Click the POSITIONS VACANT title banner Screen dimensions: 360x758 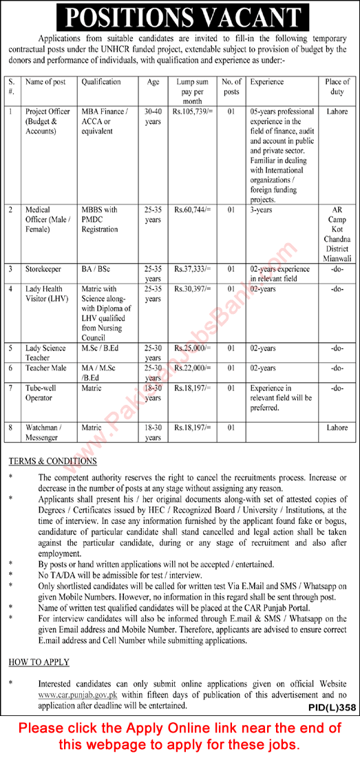pyautogui.click(x=180, y=16)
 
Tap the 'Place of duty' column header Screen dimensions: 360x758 pyautogui.click(x=337, y=86)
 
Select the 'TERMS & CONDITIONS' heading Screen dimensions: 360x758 pyautogui.click(x=53, y=461)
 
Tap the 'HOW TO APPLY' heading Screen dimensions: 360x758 pyautogui.click(x=39, y=662)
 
